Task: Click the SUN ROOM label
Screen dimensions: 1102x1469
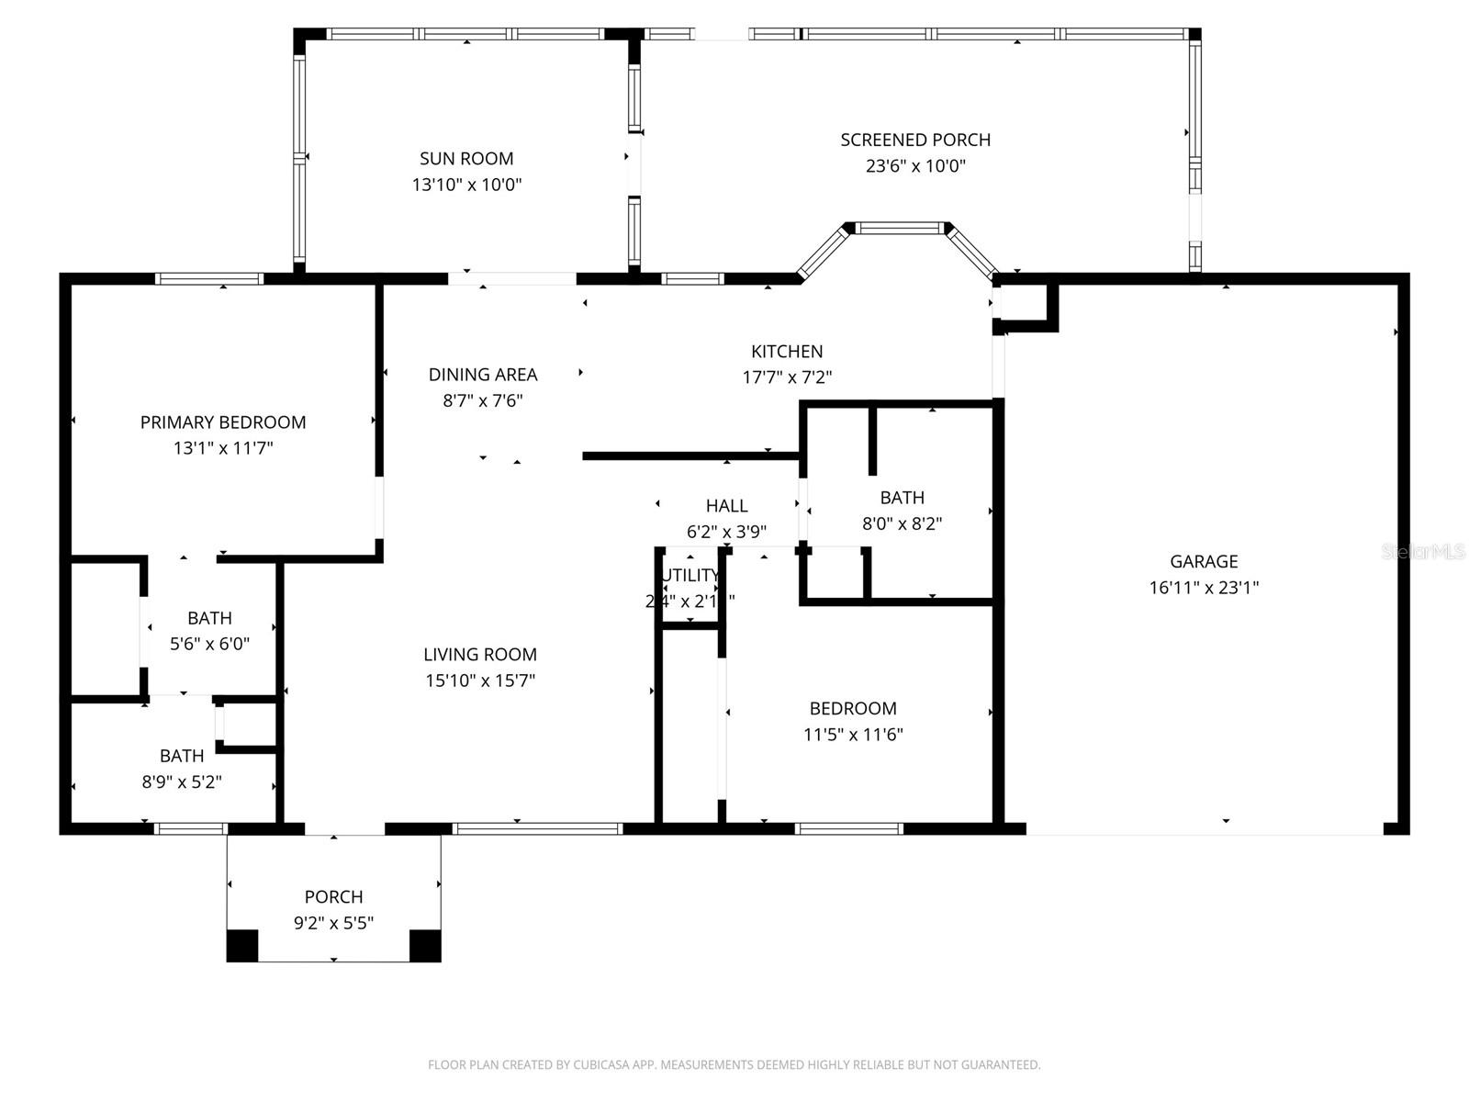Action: (466, 159)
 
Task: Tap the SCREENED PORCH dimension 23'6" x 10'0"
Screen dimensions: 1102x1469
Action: (915, 166)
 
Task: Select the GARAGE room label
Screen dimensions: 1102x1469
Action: (1204, 561)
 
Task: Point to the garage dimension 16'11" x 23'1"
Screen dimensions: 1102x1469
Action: (1204, 588)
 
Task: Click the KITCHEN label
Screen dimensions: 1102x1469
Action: (787, 351)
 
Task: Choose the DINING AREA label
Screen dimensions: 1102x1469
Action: (483, 374)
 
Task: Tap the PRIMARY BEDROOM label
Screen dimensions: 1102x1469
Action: (223, 422)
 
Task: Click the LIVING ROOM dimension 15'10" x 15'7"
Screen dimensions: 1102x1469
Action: (480, 680)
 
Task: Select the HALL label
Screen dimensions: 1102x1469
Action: (726, 505)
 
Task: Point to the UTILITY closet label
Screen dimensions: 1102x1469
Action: (690, 576)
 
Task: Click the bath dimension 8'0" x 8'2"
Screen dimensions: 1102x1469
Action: (902, 524)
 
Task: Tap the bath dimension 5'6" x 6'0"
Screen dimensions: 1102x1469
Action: (209, 645)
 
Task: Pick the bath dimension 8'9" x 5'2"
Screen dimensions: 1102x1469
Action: (182, 782)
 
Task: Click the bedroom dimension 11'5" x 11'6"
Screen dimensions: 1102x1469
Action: (853, 735)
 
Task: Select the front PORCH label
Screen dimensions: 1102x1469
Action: (333, 896)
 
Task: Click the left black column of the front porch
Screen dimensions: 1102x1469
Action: (242, 945)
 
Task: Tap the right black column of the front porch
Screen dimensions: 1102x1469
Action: (425, 945)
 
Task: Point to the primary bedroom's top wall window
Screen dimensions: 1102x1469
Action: (209, 279)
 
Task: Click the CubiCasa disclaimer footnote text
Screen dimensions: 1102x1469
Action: (734, 1064)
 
